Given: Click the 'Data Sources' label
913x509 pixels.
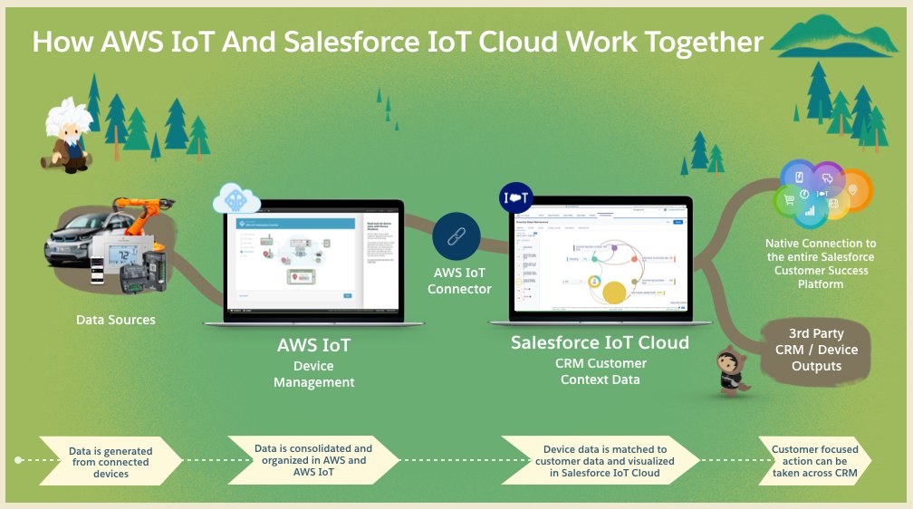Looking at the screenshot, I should (115, 320).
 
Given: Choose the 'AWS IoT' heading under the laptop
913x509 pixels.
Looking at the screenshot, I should (313, 345).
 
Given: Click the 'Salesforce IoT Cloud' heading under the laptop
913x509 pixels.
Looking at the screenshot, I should (600, 343).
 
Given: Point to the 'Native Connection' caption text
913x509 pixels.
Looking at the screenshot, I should (821, 264).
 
